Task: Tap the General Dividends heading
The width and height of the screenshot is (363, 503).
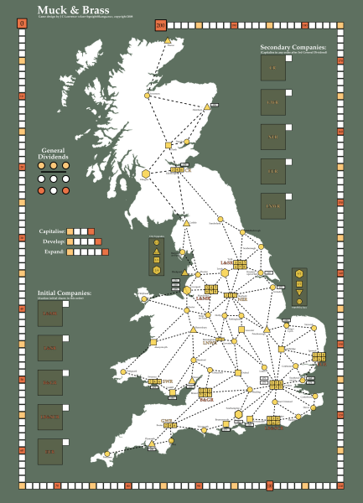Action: point(54,153)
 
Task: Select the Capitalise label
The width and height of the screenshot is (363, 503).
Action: point(51,231)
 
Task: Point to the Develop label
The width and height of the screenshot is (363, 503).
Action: point(53,241)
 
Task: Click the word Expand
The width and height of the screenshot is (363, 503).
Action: point(53,251)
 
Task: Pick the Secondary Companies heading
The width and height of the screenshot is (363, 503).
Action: point(293,48)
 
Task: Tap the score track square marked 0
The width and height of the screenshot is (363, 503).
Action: point(22,23)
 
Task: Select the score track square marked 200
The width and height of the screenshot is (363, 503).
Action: point(160,23)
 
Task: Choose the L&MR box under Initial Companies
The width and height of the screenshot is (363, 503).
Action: point(50,314)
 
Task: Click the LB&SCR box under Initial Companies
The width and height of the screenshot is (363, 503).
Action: point(50,417)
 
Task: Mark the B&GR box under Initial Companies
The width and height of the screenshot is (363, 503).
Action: point(50,383)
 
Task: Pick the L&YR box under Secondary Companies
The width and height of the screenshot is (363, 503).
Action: point(273,103)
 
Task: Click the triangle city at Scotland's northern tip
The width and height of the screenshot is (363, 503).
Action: point(168,41)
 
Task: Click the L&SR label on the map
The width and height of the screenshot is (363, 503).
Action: point(226,262)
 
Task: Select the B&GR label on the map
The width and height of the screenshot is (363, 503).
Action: point(206,400)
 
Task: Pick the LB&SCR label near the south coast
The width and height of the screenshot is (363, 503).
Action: point(272,428)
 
